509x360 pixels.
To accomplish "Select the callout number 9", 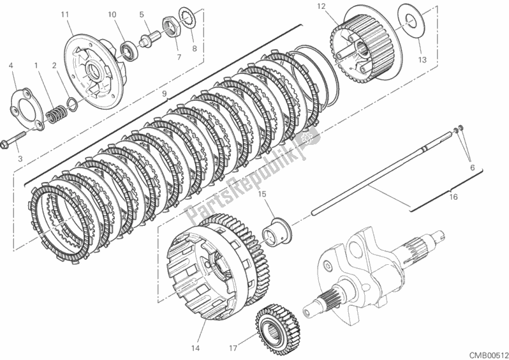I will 164,94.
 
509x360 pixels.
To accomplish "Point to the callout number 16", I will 454,197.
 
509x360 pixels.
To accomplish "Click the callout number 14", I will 196,348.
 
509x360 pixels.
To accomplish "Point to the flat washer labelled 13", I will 406,19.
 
